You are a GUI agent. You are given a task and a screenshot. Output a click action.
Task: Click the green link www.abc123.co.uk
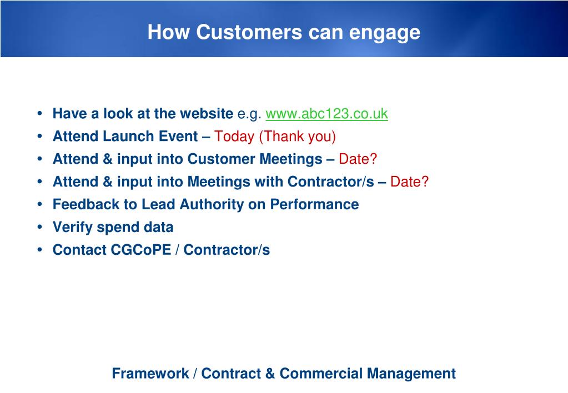[326, 114]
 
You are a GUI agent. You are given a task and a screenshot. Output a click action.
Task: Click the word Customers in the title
[249, 32]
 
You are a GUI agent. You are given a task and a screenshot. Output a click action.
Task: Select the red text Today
[234, 137]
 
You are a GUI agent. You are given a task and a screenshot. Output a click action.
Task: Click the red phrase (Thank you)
[298, 137]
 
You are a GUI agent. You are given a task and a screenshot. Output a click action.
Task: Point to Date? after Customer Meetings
[358, 159]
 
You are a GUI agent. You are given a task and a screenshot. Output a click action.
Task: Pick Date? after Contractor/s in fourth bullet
[409, 182]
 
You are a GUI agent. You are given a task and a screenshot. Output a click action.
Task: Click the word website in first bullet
[207, 113]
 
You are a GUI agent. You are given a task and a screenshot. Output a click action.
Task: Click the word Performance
[314, 204]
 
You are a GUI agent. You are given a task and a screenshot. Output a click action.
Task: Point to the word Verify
[72, 228]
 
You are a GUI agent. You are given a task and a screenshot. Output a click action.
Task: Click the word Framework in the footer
[150, 374]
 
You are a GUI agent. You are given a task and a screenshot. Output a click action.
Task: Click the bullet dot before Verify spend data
[39, 227]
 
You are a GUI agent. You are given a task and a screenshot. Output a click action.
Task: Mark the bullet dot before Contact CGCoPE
[39, 250]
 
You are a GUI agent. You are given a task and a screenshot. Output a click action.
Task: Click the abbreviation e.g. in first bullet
[249, 114]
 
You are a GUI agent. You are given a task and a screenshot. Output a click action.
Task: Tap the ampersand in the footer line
[270, 374]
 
